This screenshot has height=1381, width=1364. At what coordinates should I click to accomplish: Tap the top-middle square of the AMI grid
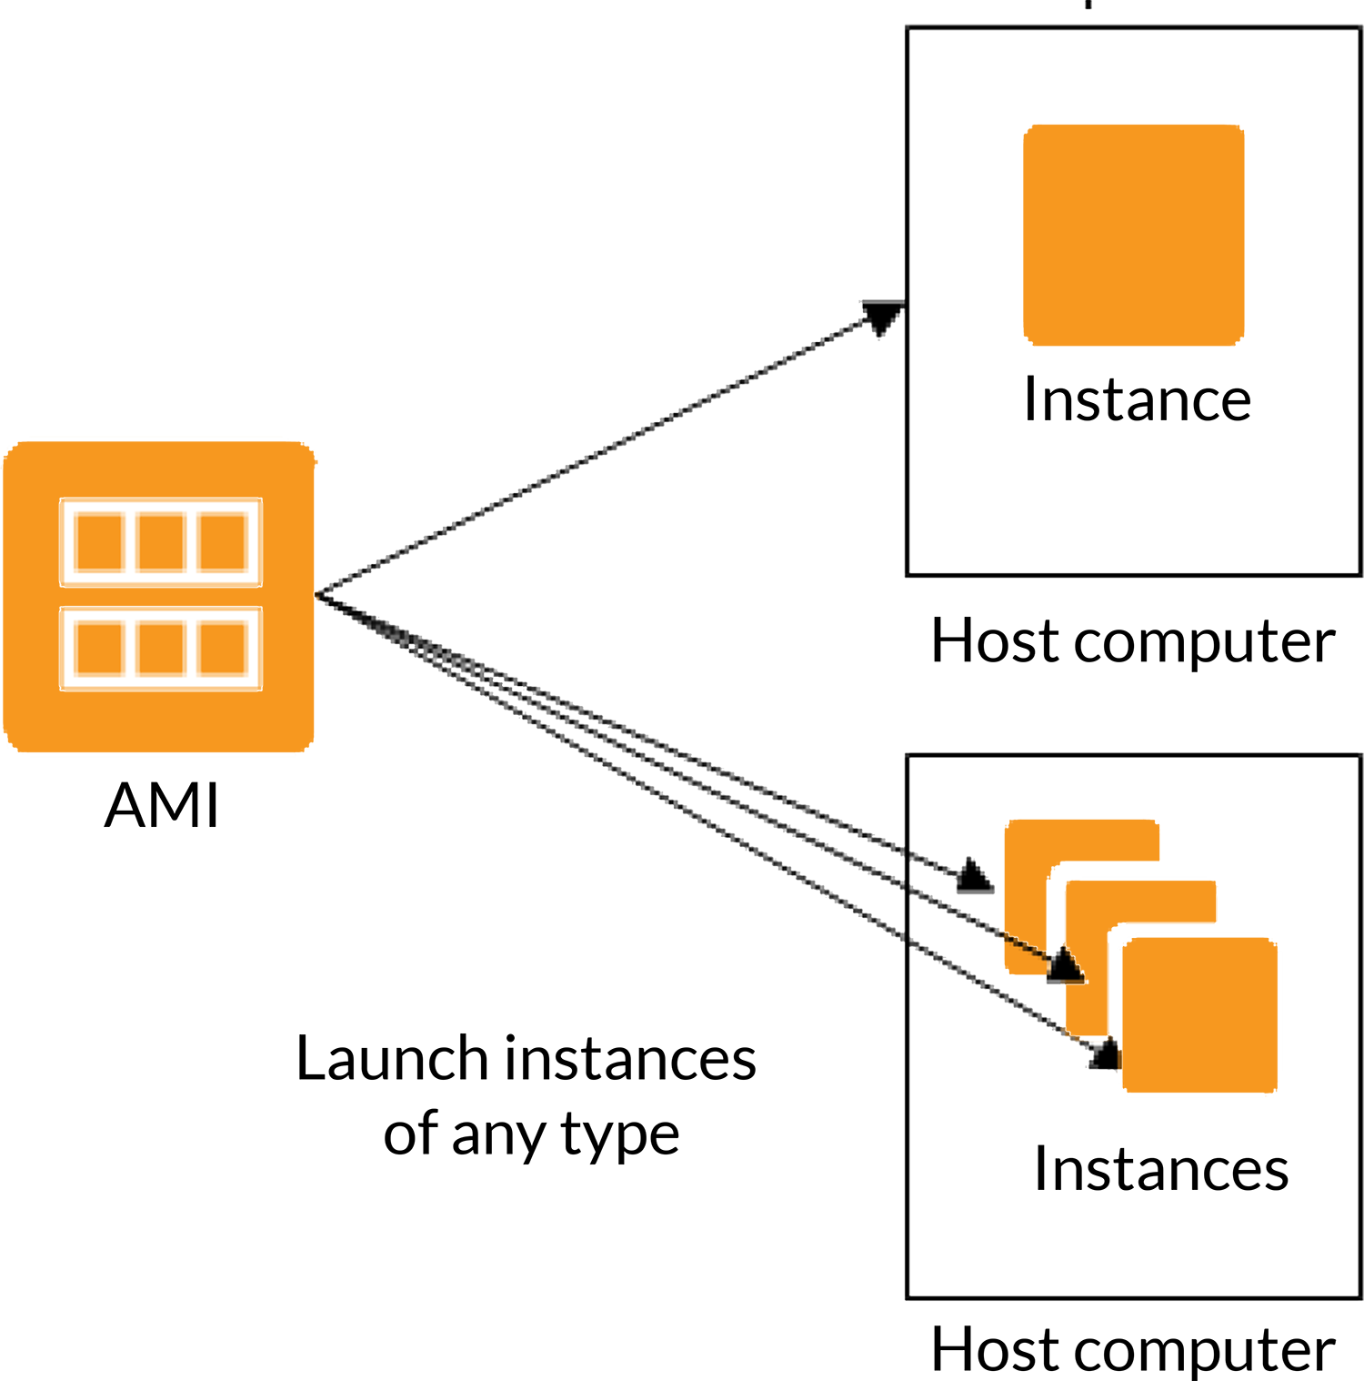(161, 541)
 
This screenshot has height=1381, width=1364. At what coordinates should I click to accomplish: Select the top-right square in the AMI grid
(224, 541)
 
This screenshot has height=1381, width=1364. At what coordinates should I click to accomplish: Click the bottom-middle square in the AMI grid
(161, 647)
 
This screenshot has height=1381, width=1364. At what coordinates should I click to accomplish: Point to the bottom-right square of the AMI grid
(224, 647)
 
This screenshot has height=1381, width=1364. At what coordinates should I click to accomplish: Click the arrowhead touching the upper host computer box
(882, 317)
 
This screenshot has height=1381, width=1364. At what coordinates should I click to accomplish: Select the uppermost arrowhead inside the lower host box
(972, 875)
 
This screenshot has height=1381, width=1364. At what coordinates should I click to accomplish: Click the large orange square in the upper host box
(1133, 218)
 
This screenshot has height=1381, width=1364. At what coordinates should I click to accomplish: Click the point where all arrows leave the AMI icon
(316, 596)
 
